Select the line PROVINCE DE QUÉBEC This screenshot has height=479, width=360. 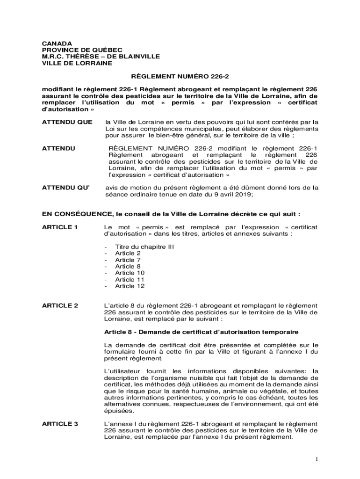click(x=76, y=50)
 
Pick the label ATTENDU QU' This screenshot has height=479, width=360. click(x=65, y=188)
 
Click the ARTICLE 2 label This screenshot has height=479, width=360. click(x=60, y=305)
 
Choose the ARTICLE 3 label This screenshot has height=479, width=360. click(x=60, y=424)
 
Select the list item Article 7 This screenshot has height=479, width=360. click(x=128, y=260)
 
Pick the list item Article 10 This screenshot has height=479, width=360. click(x=130, y=273)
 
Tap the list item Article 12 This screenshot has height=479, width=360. click(x=130, y=286)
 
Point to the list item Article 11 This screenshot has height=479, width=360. click(x=130, y=280)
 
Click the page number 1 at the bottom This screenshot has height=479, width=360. click(x=317, y=459)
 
